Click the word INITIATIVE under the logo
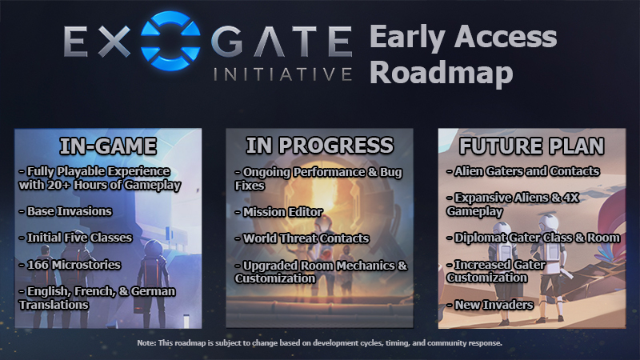pos(282,74)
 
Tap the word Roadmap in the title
pos(442,73)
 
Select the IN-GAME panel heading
pos(108,146)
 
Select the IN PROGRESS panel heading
pos(319,146)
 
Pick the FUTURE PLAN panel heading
pos(531,146)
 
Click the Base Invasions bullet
pos(66,211)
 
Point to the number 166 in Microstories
pos(38,265)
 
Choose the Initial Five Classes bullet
pos(75,238)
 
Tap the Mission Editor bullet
pos(278,212)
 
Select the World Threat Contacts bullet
pos(302,238)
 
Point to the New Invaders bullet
pos(490,305)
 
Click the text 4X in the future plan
pos(571,198)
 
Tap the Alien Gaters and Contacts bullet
pos(523,171)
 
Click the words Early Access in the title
pos(463,38)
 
